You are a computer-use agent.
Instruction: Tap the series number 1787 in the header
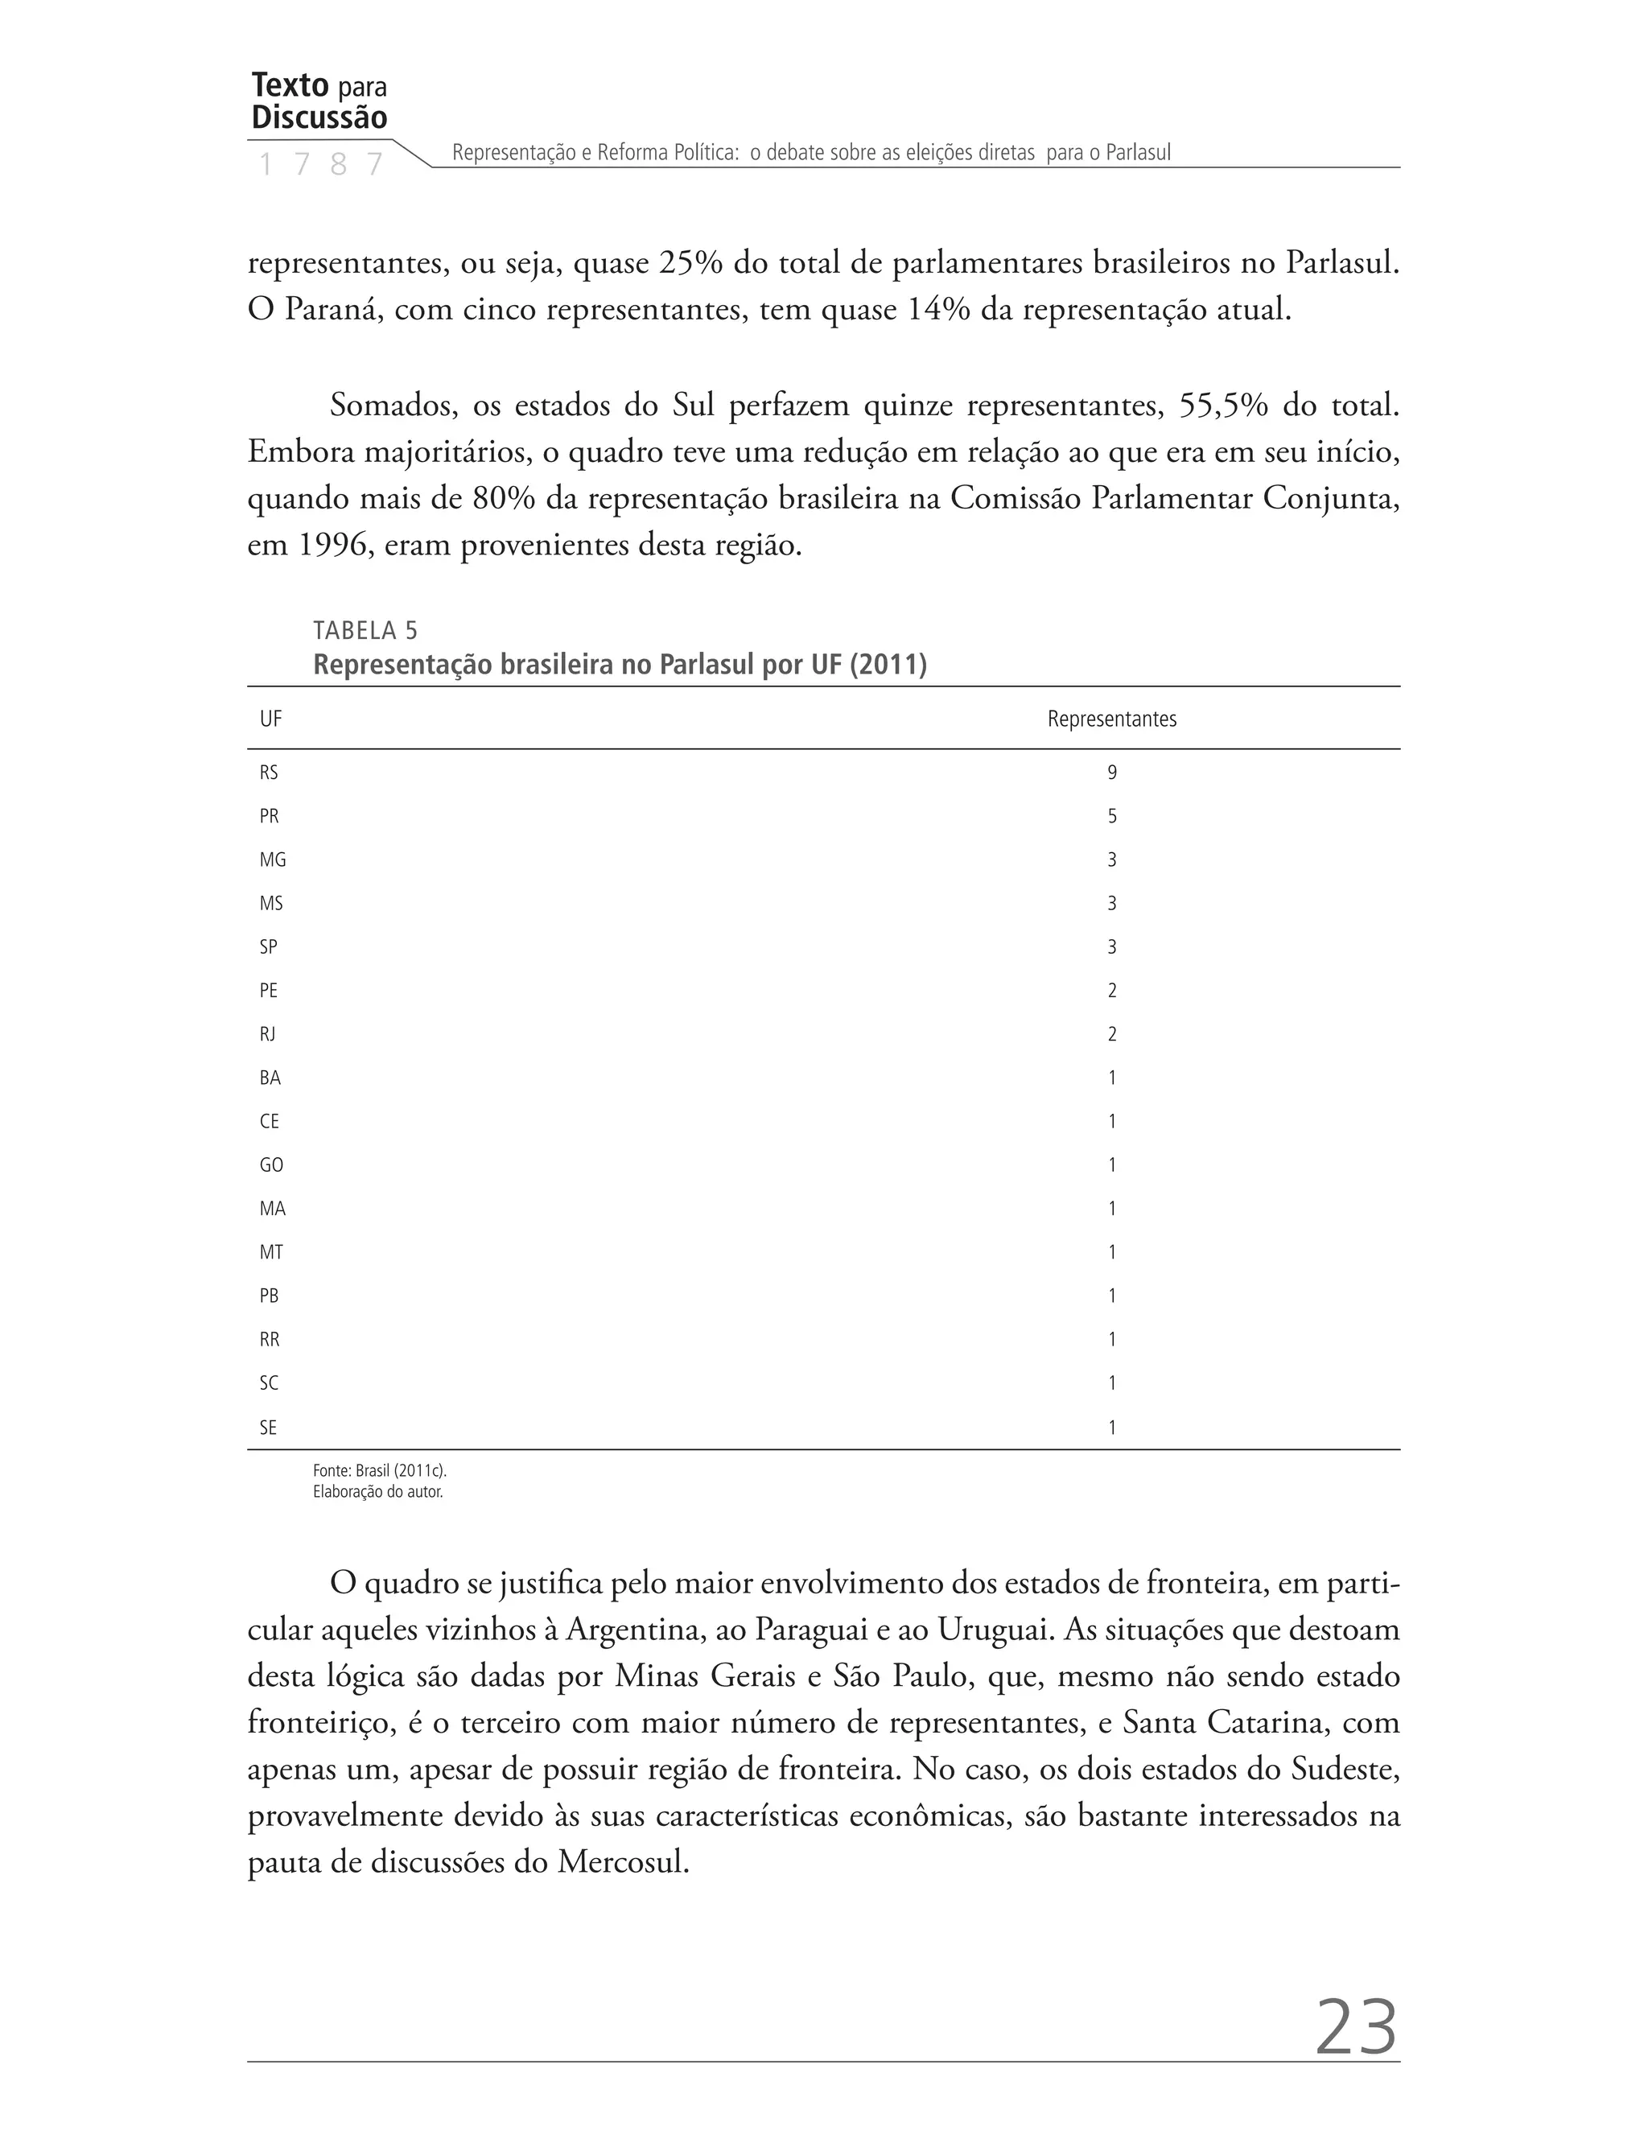[319, 165]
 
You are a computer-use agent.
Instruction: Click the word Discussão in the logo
[319, 117]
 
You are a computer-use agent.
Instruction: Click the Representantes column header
[1111, 719]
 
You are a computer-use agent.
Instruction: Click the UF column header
[270, 719]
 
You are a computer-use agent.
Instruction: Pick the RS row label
[269, 773]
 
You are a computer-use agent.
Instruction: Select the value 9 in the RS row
[1111, 773]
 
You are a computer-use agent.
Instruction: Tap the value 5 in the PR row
[1111, 816]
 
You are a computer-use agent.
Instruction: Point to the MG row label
[273, 860]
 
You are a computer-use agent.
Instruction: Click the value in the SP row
[1111, 947]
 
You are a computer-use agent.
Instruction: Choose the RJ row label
[268, 1034]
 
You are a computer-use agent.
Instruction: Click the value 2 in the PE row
[1111, 991]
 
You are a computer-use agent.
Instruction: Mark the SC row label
[269, 1383]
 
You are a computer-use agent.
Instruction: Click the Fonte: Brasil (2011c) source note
[380, 1471]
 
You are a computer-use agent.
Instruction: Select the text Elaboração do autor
[377, 1493]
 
